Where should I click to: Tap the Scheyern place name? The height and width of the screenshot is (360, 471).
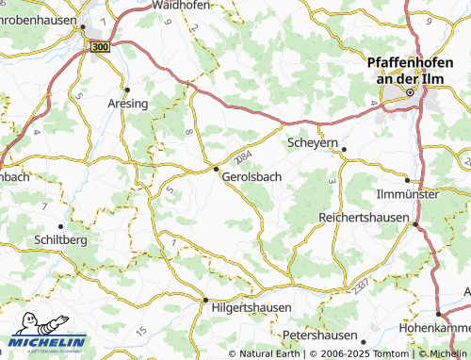coord(311,143)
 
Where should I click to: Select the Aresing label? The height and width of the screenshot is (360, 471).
coord(128,103)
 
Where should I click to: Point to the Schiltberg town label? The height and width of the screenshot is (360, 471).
coord(60,240)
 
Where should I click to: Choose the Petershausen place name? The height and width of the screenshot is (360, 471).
coord(320,335)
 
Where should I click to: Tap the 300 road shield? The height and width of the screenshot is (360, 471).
coord(101,45)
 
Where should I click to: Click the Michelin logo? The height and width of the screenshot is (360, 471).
coord(47,343)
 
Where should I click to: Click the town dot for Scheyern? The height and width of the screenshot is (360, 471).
coord(344,149)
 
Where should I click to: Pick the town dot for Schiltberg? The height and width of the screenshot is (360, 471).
coord(61,226)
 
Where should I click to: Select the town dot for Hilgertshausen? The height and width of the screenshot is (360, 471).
coord(205,301)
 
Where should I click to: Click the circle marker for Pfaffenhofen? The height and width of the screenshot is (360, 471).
coord(411,93)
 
